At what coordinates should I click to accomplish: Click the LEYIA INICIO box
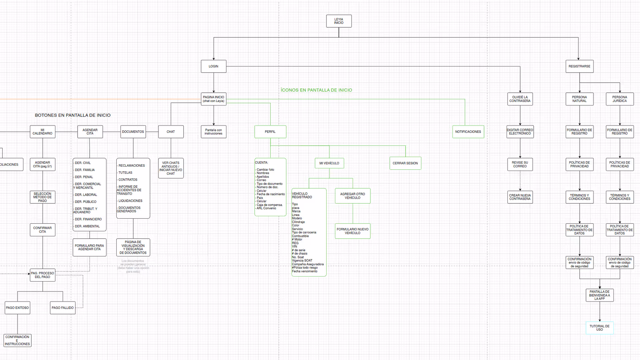click(339, 21)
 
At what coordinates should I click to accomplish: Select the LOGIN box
click(213, 66)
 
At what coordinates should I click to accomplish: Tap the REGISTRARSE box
click(579, 66)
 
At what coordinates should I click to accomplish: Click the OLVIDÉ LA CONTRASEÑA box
click(520, 99)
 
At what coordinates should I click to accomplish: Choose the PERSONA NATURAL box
click(579, 99)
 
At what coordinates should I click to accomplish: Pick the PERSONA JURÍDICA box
click(619, 99)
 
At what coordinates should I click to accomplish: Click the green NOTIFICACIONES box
click(468, 132)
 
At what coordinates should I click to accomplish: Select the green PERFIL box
click(270, 132)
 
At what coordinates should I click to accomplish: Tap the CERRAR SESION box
click(405, 163)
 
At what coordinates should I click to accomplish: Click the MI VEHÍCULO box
click(329, 163)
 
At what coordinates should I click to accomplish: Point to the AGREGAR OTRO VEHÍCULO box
click(352, 196)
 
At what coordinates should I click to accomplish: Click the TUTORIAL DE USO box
click(599, 328)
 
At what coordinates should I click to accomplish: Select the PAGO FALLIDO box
click(63, 308)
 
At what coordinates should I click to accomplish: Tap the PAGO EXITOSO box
click(17, 308)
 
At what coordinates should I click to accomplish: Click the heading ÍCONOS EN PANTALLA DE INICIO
click(316, 90)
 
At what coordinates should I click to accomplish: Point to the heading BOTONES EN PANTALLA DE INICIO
click(73, 115)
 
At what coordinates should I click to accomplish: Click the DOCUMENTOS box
click(133, 132)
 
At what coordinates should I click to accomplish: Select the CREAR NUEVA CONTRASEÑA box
click(520, 197)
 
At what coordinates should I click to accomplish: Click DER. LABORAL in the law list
click(86, 195)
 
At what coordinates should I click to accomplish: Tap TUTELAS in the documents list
click(125, 173)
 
